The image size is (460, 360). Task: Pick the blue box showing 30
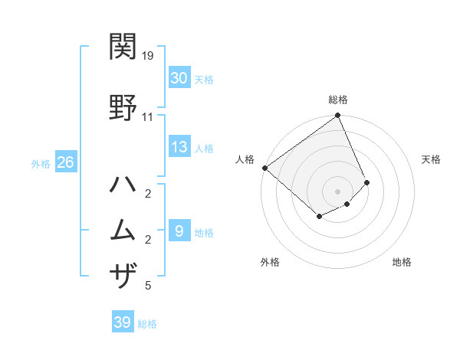(179, 78)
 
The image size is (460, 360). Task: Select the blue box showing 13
(179, 148)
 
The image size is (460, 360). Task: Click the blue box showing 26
(65, 162)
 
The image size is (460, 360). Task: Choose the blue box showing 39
(123, 322)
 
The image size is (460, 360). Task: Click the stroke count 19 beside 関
(148, 56)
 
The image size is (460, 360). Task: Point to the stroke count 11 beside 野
(147, 117)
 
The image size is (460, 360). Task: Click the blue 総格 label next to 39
(147, 324)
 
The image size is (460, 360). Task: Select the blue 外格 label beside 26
(41, 163)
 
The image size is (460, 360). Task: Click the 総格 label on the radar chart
(338, 100)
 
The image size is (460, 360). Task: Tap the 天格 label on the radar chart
(431, 159)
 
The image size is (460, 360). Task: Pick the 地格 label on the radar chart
(402, 263)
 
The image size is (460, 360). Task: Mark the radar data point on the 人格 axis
(264, 168)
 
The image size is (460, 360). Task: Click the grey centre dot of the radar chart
(337, 191)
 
